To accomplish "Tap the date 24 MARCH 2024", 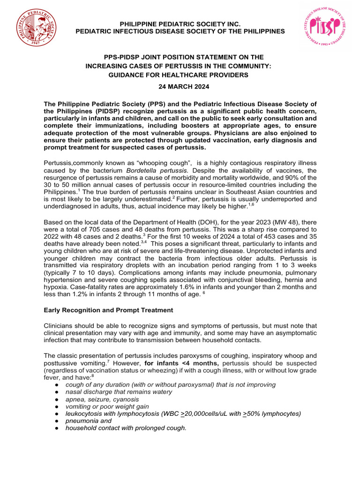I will tap(180, 87).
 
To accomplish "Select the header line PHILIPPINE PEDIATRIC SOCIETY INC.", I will tap(180, 23).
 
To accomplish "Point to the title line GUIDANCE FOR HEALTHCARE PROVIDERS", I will tap(180, 75).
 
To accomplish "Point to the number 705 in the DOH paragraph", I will tap(95, 230).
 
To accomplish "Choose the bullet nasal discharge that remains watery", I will tap(119, 392).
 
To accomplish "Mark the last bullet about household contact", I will tap(126, 427).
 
